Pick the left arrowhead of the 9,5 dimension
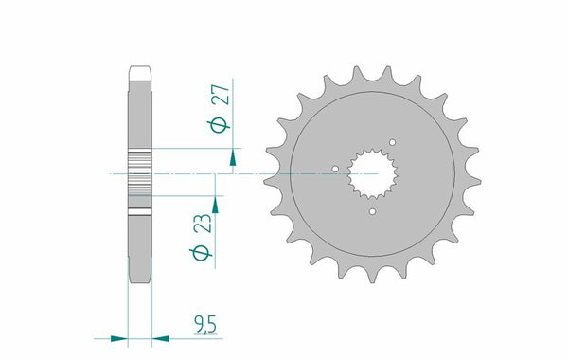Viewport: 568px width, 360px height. tap(119, 335)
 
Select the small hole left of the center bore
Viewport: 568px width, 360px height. tap(335, 172)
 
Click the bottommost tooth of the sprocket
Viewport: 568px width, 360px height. tap(363, 276)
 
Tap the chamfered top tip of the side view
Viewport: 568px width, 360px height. tap(138, 70)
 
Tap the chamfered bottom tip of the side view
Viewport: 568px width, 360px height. tap(138, 277)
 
